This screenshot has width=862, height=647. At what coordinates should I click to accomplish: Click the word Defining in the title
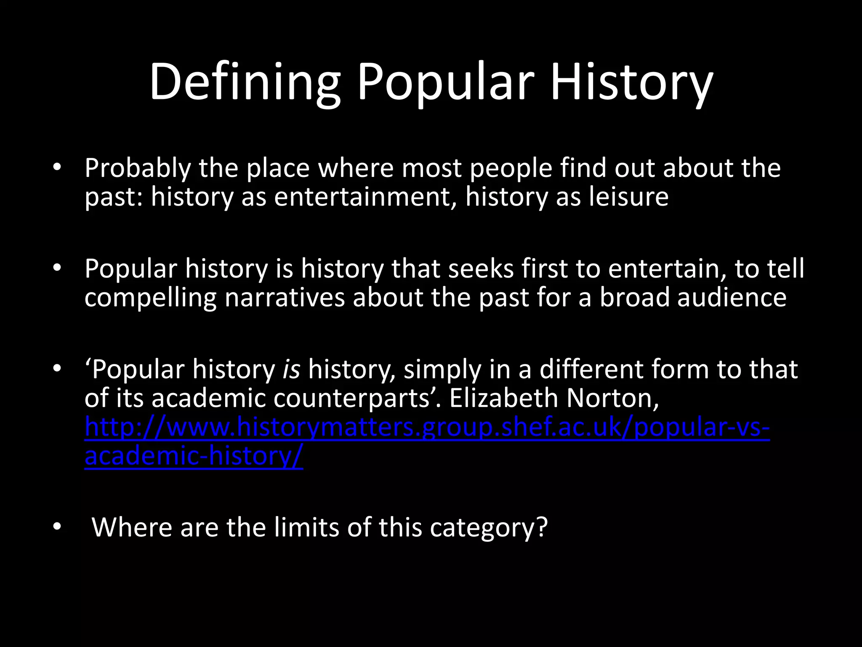244,82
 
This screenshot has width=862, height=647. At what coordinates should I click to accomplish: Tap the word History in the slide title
631,82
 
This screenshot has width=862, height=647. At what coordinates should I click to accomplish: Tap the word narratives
285,298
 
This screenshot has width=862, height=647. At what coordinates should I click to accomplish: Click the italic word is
291,369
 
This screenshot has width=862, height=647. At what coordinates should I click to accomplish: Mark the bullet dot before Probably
57,168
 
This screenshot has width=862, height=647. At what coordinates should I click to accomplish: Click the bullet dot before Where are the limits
57,527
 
